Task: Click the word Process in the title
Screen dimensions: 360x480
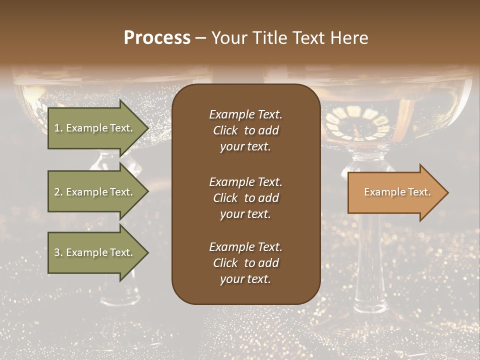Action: [x=157, y=38]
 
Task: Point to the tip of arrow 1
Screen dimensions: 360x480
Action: [x=147, y=128]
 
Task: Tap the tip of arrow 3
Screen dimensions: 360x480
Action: [x=147, y=252]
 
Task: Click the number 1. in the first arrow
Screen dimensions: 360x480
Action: [x=58, y=128]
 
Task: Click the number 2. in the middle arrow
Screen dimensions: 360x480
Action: [x=58, y=192]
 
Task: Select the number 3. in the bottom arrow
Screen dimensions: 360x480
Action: [x=58, y=252]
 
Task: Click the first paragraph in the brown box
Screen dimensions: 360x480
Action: [x=245, y=130]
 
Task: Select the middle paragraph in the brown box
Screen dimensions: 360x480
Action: [x=245, y=198]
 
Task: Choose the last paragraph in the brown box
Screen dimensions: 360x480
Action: [x=245, y=263]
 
